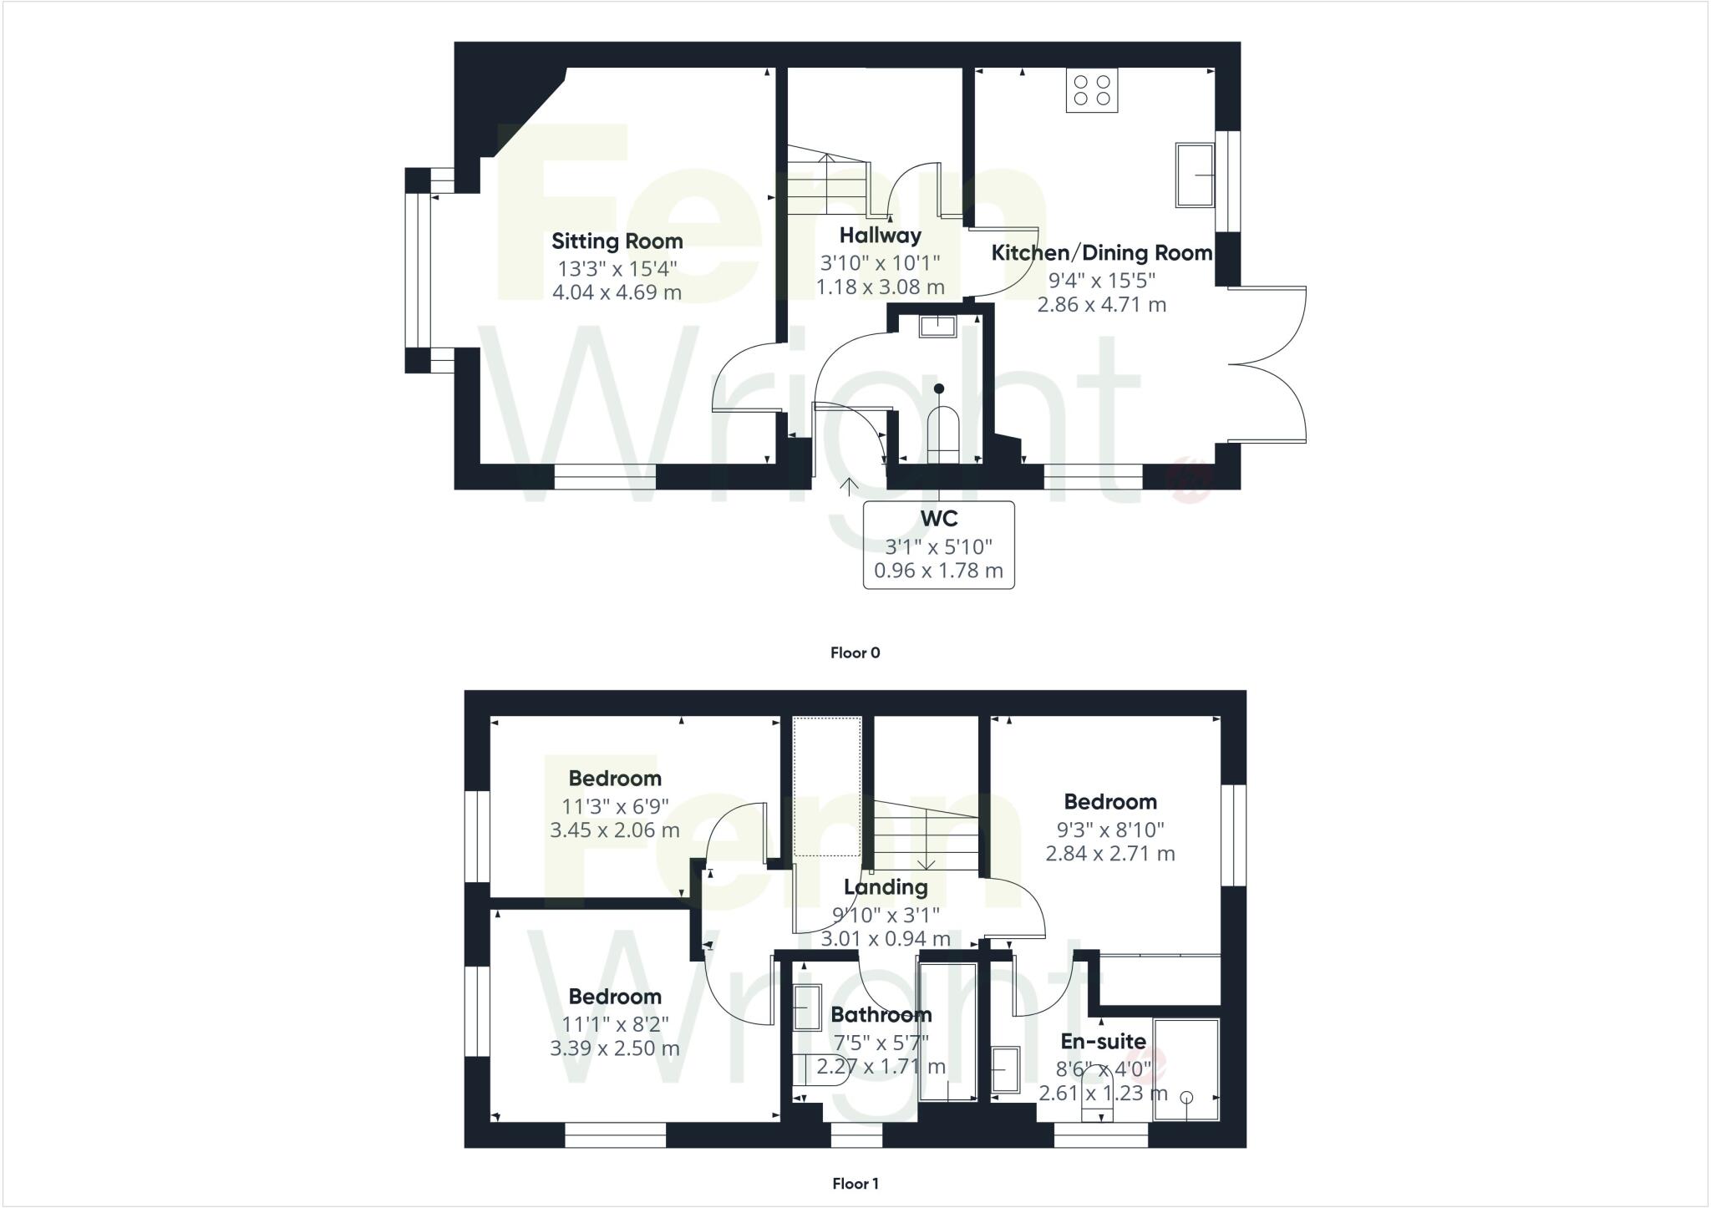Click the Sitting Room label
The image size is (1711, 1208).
pyautogui.click(x=617, y=241)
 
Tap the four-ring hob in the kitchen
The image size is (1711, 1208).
pyautogui.click(x=1092, y=90)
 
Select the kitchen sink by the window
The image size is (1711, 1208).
pyautogui.click(x=1194, y=175)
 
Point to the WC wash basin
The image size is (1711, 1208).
pyautogui.click(x=936, y=325)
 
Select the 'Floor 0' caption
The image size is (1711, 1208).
pyautogui.click(x=855, y=652)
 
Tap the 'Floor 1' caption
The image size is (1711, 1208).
pyautogui.click(x=855, y=1183)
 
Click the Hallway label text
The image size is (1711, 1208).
pyautogui.click(x=880, y=236)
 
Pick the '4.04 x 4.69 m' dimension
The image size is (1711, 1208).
pyautogui.click(x=617, y=292)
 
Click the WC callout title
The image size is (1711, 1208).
pyautogui.click(x=938, y=519)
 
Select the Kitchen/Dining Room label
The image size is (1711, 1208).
pyautogui.click(x=1101, y=253)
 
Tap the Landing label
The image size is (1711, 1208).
pyautogui.click(x=885, y=887)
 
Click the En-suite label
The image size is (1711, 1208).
pyautogui.click(x=1103, y=1041)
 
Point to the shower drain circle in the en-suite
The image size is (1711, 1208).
pyautogui.click(x=1187, y=1098)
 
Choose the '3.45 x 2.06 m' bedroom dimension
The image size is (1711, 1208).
pyautogui.click(x=614, y=830)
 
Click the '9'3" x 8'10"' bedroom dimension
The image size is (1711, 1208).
pyautogui.click(x=1109, y=829)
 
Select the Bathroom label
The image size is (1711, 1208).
pyautogui.click(x=881, y=1015)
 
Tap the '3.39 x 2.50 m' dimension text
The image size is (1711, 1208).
pyautogui.click(x=614, y=1048)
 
